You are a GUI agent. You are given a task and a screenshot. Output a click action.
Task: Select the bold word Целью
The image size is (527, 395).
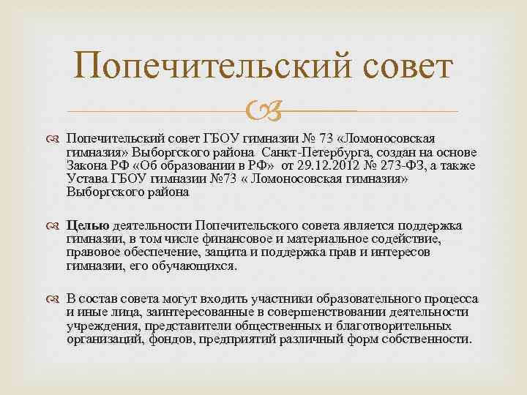pyautogui.click(x=88, y=225)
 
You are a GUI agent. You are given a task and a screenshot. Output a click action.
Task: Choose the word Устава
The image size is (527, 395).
pyautogui.click(x=85, y=179)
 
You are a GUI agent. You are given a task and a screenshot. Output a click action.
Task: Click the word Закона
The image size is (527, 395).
pyautogui.click(x=86, y=166)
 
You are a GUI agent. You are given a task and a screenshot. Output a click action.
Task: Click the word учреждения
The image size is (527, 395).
pyautogui.click(x=102, y=326)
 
